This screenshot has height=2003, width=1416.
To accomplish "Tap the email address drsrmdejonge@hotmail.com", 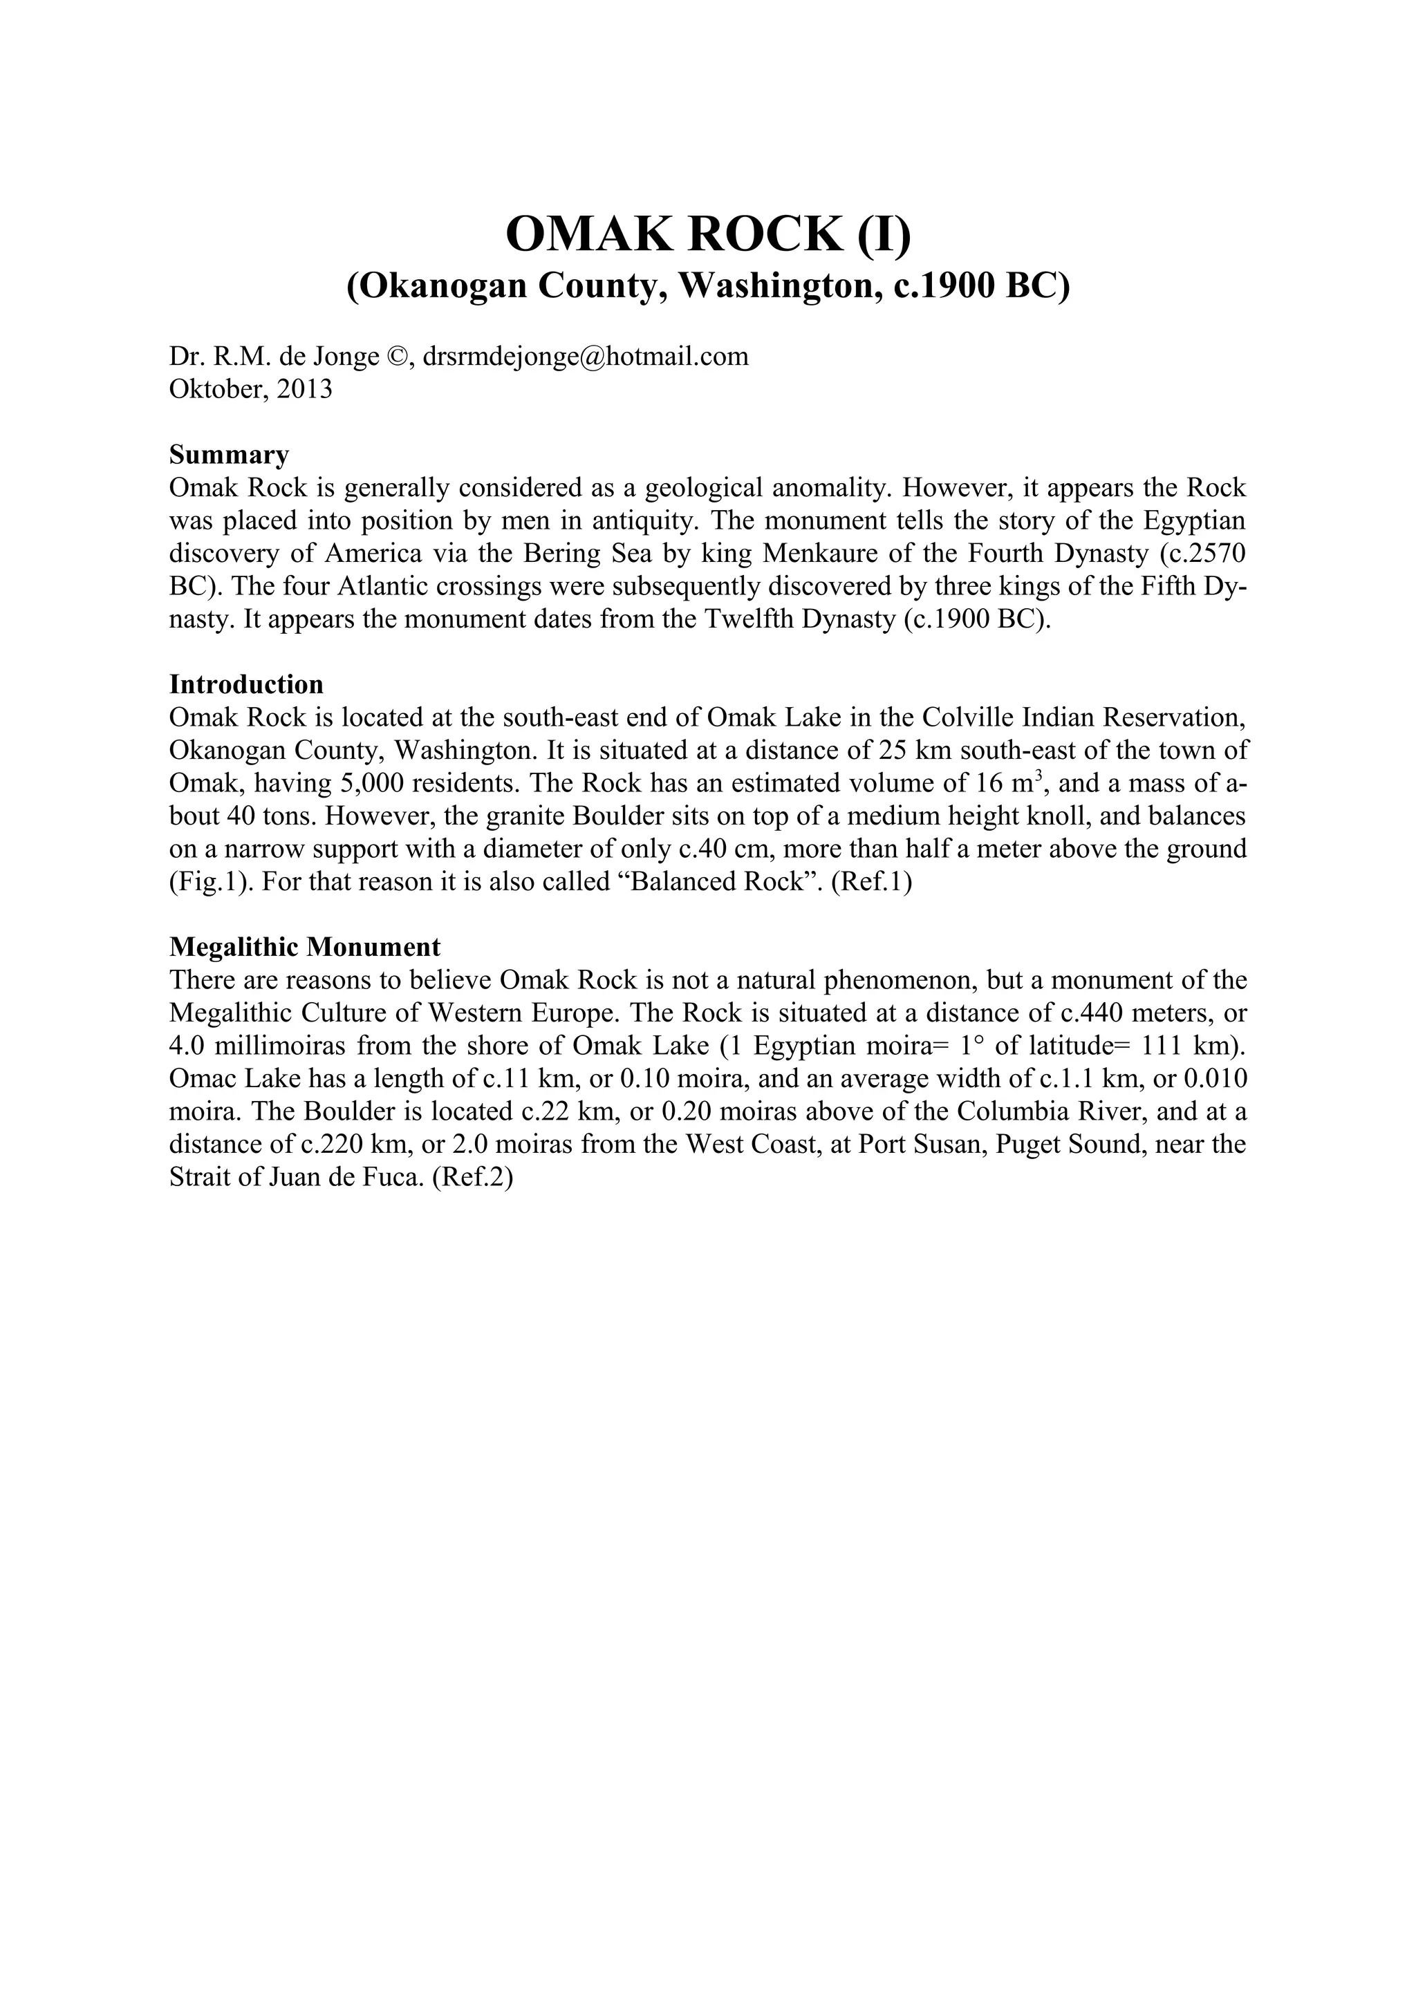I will coord(586,356).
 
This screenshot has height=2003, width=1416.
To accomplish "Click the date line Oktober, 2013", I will coord(250,389).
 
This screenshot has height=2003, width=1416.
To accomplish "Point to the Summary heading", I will coord(229,455).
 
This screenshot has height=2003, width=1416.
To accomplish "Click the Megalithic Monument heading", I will coord(304,946).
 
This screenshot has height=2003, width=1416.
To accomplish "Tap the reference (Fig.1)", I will coord(207,882).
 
